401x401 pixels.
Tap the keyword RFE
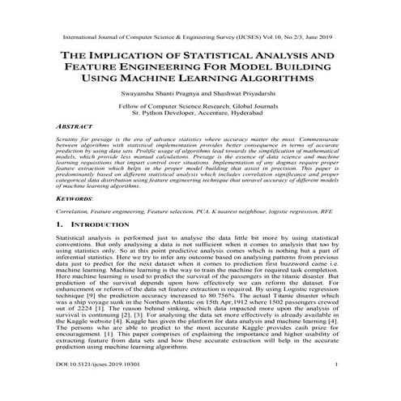[331, 213]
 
